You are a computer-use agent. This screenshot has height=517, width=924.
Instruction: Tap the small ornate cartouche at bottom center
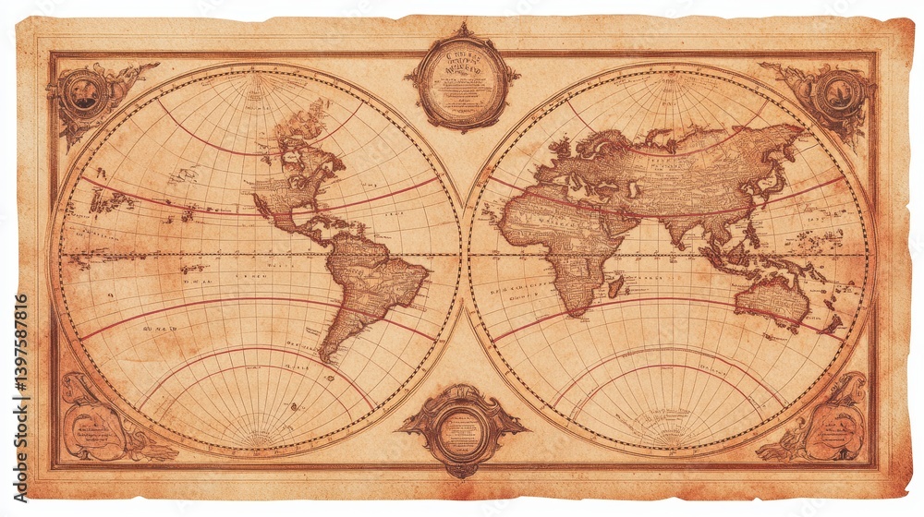click(x=461, y=429)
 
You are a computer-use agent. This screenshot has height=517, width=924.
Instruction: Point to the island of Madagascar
click(x=615, y=286)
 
